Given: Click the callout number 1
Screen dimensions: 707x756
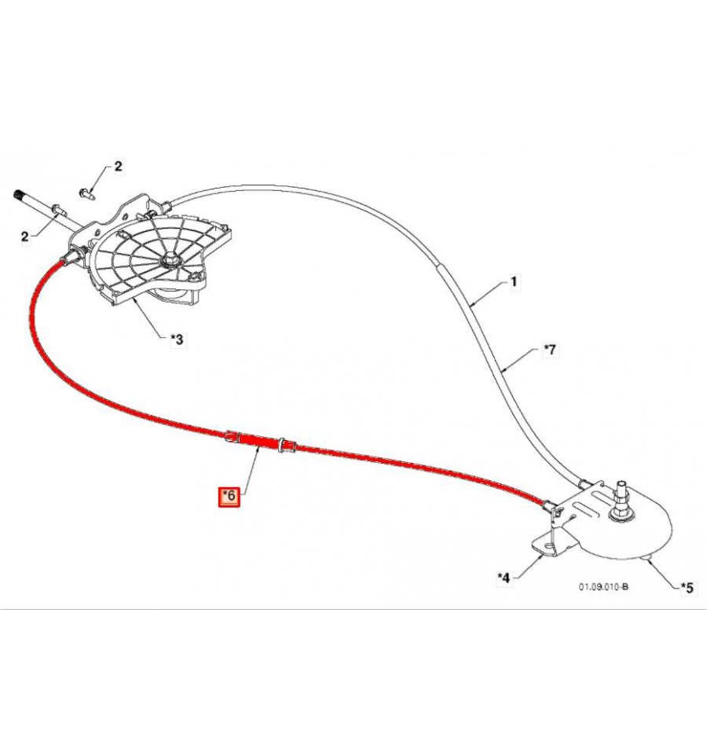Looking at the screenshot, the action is click(514, 281).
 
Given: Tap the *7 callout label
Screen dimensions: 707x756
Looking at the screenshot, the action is click(549, 350).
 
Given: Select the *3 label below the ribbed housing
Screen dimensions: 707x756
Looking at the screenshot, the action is click(177, 340).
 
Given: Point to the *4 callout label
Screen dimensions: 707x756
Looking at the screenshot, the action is click(504, 577).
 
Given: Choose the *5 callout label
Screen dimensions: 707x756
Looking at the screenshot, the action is click(687, 588).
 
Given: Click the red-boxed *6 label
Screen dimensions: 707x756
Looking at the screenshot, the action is click(229, 496).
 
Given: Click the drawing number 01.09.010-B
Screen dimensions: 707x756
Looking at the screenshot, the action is click(603, 587).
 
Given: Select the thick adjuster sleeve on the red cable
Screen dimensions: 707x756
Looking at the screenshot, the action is click(259, 440).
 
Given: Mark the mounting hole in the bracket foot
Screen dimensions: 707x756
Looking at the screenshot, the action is click(548, 545).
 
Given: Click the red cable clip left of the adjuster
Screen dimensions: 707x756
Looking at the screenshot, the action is click(232, 436).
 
